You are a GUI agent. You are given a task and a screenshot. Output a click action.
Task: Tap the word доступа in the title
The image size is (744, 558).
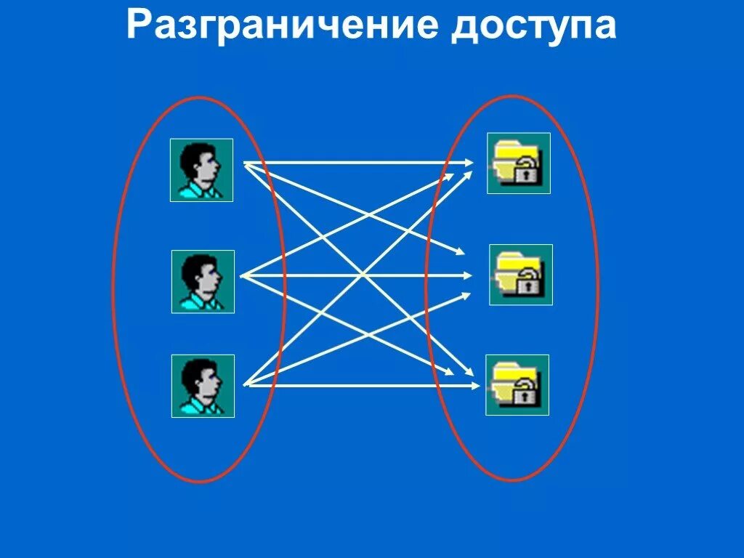(533, 27)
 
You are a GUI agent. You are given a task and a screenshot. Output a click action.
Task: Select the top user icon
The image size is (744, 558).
(201, 170)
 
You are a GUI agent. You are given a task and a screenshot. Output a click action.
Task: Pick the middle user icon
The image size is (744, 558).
(203, 281)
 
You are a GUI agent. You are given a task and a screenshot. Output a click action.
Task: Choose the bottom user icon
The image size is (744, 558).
(203, 386)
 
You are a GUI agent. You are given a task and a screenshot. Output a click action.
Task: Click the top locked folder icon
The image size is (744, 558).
(518, 163)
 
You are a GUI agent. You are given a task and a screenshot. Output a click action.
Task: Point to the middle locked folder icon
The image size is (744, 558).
(520, 275)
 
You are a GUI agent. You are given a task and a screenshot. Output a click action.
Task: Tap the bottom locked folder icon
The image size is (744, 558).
(517, 385)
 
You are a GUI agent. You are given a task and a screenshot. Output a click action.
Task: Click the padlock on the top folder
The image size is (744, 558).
(527, 173)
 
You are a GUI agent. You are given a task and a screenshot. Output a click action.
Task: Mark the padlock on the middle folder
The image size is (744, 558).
(530, 283)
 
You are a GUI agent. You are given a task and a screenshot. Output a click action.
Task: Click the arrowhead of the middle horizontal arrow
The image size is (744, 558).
(469, 275)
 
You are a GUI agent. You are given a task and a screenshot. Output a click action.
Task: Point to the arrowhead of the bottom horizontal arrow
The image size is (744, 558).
(475, 385)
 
